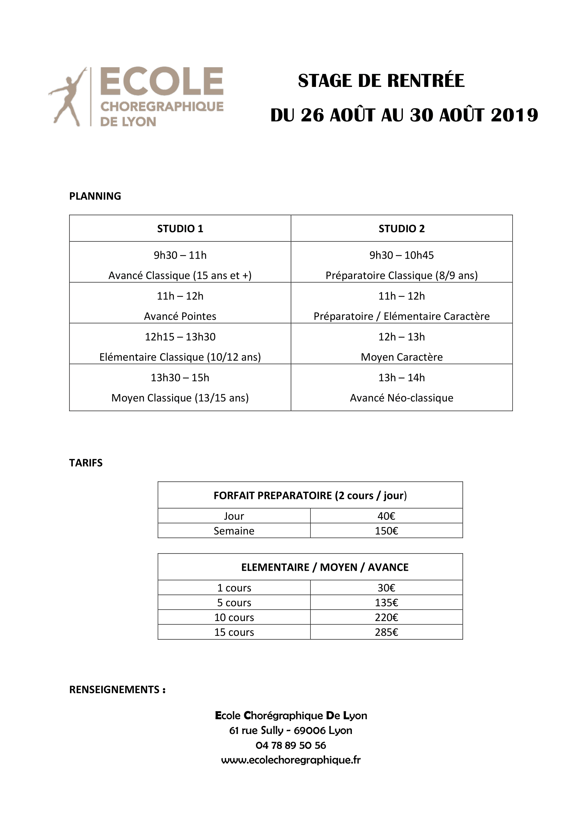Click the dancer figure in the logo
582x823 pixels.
68,97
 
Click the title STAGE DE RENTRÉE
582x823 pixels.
381,81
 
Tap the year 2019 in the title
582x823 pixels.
514,115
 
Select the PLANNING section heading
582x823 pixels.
95,196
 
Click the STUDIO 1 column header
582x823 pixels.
180,229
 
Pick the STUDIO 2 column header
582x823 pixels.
401,229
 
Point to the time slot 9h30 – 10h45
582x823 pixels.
401,255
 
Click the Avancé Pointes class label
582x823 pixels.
180,316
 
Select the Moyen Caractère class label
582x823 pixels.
401,357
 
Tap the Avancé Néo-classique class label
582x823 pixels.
401,398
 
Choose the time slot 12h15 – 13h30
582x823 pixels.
180,337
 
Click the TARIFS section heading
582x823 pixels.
86,463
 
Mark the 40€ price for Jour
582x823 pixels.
386,516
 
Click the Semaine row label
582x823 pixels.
234,531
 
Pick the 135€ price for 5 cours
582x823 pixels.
386,602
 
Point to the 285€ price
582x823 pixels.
386,632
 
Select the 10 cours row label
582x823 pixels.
234,617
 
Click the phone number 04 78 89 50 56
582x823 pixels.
291,745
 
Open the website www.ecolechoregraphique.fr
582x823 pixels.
291,760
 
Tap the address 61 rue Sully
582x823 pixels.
256,730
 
